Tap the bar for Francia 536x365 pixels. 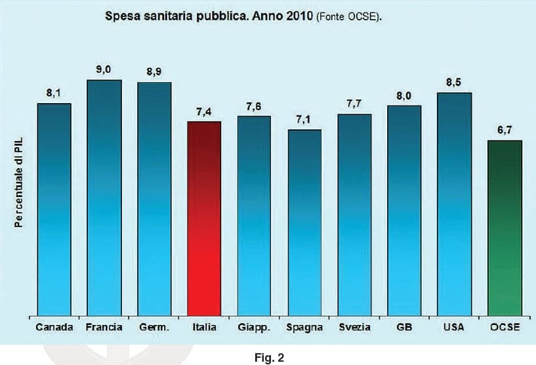pos(104,198)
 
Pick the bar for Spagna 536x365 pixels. pos(304,223)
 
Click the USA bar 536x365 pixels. pos(455,204)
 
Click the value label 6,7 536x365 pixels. pos(505,130)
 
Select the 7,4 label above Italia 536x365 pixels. pos(204,112)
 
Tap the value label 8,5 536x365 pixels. pos(455,83)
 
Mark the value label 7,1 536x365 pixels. pos(304,119)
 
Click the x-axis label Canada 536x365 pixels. pos(54,327)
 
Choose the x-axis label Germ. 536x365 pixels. pos(154,327)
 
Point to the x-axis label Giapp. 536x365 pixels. pos(254,327)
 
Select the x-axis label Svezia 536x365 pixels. pos(354,327)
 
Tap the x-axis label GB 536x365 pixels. pos(404,327)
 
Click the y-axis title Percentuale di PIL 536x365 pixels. pos(19,186)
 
